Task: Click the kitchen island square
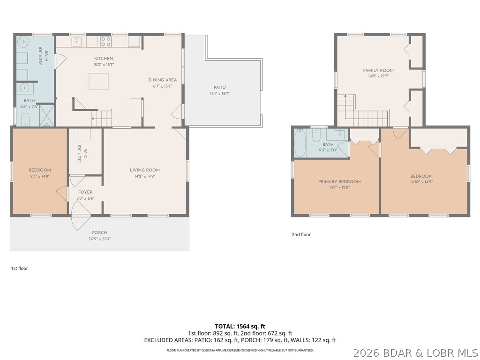coord(98,81)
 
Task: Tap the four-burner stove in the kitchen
coord(106,42)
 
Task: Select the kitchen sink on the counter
coord(76,41)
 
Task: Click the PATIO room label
coord(219,87)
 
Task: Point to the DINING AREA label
coord(162,80)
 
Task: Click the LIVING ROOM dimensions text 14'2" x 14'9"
coord(145,176)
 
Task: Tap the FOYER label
coord(85,192)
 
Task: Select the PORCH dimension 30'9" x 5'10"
coord(99,239)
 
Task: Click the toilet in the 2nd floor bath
coord(316,135)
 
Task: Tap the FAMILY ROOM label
coord(378,70)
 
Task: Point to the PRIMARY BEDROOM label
coord(339,181)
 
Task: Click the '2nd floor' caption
coord(301,234)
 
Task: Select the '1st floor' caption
coord(20,269)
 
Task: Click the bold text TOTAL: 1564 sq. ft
coord(240,326)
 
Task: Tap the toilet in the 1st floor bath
coord(25,120)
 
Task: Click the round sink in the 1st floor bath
coord(24,88)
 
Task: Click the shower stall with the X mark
coord(46,115)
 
